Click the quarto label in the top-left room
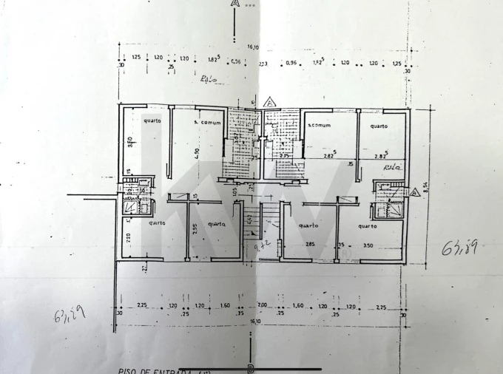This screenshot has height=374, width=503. pyautogui.click(x=152, y=120)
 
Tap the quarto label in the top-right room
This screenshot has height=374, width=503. pyautogui.click(x=379, y=126)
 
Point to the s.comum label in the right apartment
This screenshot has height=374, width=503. pyautogui.click(x=319, y=125)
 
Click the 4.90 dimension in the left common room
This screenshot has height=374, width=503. pyautogui.click(x=176, y=153)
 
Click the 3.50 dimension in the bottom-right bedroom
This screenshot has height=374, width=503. pyautogui.click(x=368, y=245)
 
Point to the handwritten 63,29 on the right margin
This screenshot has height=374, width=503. pyautogui.click(x=459, y=248)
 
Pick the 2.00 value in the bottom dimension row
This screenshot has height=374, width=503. pyautogui.click(x=262, y=305)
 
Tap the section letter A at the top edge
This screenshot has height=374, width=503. pyautogui.click(x=234, y=4)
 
